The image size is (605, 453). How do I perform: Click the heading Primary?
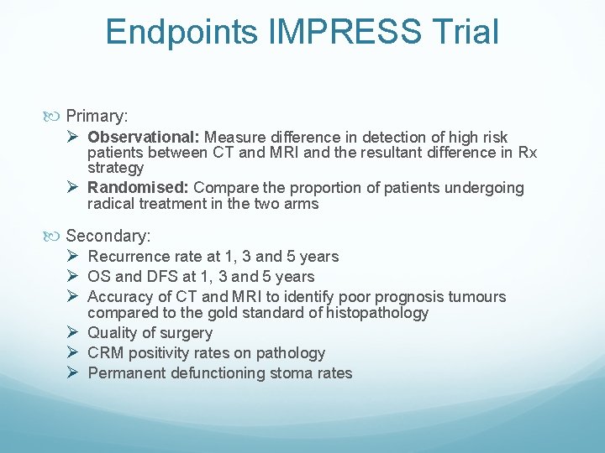click(96, 115)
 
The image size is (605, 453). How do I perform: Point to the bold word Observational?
click(144, 137)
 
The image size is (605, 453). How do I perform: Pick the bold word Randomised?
click(139, 188)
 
